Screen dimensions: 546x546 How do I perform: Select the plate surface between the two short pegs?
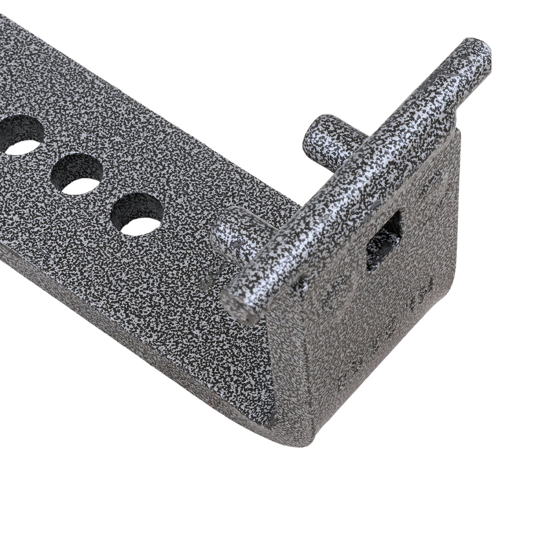pyautogui.click(x=270, y=189)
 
